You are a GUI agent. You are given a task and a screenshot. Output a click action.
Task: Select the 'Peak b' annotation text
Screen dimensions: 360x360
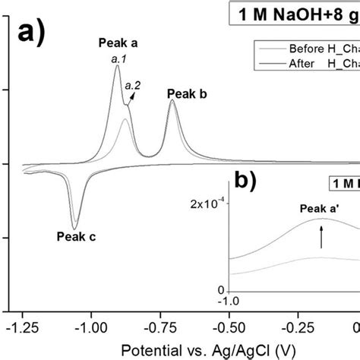187,94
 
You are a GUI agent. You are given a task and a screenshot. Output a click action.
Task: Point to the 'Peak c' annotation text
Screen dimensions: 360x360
76,235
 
